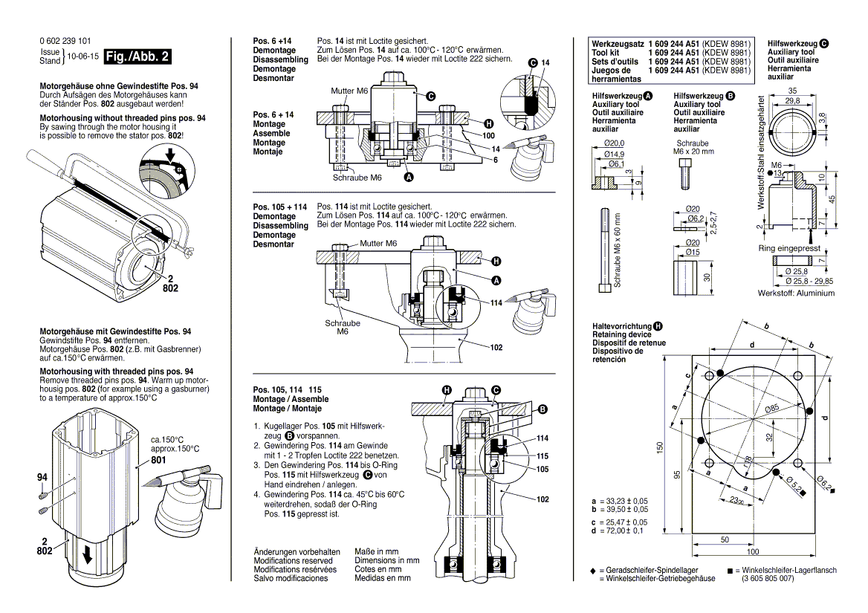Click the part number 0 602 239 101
pos(65,42)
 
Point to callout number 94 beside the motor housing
pos(42,477)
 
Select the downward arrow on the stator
pos(88,555)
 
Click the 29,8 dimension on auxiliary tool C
pos(792,101)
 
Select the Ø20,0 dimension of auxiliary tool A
pos(614,143)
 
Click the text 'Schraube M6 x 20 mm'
pos(695,147)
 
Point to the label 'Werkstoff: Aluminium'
pos(796,293)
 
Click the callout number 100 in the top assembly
pos(488,136)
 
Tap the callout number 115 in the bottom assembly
pos(542,455)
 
